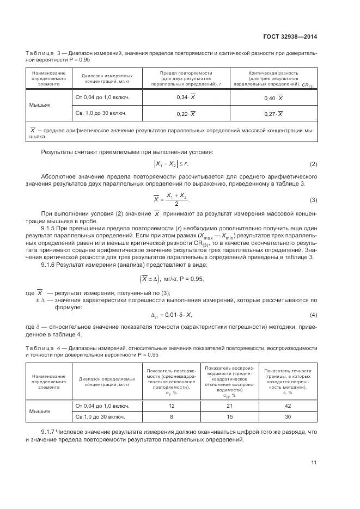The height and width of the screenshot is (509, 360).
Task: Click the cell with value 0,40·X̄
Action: [x=273, y=97]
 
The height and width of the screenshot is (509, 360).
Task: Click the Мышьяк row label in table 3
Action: [x=40, y=105]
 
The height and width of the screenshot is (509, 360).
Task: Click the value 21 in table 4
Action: [x=229, y=406]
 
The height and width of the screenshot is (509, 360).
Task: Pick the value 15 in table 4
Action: [x=229, y=416]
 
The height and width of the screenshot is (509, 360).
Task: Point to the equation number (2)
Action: [x=313, y=164]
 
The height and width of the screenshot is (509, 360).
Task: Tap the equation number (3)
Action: [x=313, y=199]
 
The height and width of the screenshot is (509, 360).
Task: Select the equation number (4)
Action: [x=313, y=315]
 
